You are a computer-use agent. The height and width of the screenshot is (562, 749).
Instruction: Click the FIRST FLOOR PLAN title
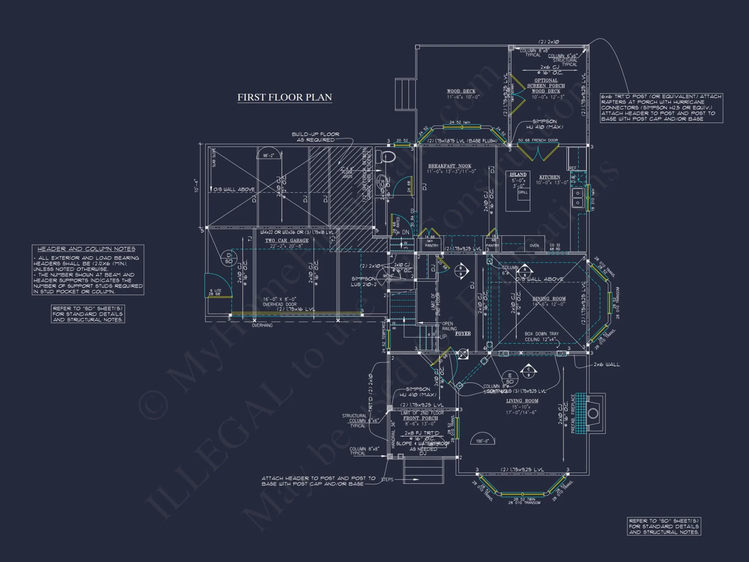coord(285,97)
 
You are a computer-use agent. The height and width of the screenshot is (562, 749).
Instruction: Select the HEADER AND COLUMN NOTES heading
coord(86,249)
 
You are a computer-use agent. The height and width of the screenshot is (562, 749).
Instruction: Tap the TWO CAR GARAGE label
coord(287,241)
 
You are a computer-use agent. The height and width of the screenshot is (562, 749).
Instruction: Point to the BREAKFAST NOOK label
coord(450,166)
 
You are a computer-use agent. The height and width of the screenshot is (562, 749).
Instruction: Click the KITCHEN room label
coord(549,177)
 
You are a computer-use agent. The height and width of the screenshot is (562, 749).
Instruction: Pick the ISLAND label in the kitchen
coord(518,175)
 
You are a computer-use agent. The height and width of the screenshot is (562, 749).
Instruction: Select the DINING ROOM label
coord(549,299)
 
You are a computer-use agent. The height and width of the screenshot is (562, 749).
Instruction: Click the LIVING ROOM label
coord(522,401)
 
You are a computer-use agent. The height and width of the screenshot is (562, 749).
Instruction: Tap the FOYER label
coord(463,333)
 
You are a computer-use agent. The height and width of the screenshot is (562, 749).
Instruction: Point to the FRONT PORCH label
coord(421,419)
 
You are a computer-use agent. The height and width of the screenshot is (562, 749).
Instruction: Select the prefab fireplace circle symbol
coord(593,414)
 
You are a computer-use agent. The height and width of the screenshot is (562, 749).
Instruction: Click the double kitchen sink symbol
coord(577,198)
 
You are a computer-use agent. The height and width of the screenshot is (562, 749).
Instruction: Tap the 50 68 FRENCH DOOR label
coord(538,140)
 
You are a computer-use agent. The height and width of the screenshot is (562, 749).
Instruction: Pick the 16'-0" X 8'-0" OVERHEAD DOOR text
coord(279,302)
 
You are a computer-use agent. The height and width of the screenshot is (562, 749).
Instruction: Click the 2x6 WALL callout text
coord(606,365)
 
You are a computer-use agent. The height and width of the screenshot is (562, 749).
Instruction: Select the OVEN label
coord(534,246)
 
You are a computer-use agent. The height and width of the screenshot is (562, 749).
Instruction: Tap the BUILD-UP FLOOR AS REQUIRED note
coord(316,137)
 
